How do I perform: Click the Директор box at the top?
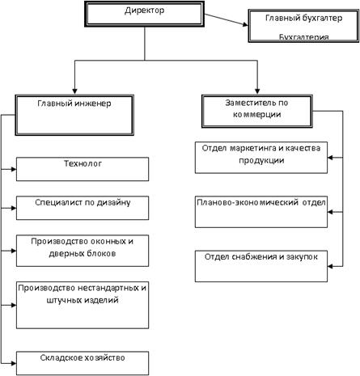pos(144,14)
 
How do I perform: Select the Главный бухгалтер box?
pos(303,26)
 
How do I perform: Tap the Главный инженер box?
pos(74,115)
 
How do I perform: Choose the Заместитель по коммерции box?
pos(257,111)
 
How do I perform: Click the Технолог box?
pos(83,169)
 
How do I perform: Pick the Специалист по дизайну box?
pos(83,208)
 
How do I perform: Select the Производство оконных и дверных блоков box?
pos(83,251)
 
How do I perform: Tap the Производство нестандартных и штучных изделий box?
pos(83,305)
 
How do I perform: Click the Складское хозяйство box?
pos(83,363)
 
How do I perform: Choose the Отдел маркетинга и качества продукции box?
pos(261,158)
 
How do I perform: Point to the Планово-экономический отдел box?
pos(261,212)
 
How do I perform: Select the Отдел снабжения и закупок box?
pos(261,266)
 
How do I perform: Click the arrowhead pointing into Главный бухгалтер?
pos(245,24)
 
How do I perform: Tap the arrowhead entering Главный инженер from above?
pos(74,91)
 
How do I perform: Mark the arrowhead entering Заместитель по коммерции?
pos(257,91)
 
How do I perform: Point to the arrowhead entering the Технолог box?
pos(13,169)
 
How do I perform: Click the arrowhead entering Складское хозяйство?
pos(13,363)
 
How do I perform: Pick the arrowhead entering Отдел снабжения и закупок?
pos(331,266)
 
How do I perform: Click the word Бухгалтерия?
pos(303,37)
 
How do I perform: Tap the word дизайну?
pos(113,203)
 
